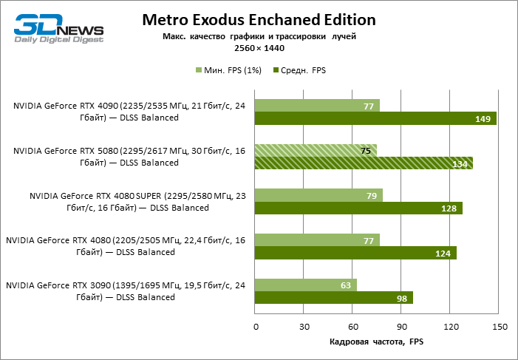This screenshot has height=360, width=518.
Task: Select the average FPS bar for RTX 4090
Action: click(x=375, y=118)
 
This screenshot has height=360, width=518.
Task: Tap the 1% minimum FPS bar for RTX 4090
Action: click(x=317, y=106)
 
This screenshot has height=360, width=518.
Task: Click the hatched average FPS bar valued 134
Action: click(x=364, y=163)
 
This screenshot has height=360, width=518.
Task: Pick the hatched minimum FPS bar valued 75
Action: click(x=316, y=151)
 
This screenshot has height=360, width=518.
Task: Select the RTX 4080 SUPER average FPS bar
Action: click(x=358, y=208)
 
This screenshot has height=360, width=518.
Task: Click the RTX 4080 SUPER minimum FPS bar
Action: click(x=318, y=196)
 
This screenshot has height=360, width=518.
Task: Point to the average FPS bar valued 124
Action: click(x=355, y=253)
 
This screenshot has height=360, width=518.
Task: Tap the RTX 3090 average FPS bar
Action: click(x=334, y=298)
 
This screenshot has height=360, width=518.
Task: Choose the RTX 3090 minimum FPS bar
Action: click(x=306, y=285)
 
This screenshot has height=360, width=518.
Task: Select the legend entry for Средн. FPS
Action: click(x=300, y=70)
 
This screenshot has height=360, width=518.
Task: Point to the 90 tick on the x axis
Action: click(x=401, y=326)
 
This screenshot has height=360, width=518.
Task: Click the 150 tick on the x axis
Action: click(x=498, y=326)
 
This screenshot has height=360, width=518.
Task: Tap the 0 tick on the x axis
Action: click(x=256, y=326)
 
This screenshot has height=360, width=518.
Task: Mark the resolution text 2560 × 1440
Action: click(x=259, y=47)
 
